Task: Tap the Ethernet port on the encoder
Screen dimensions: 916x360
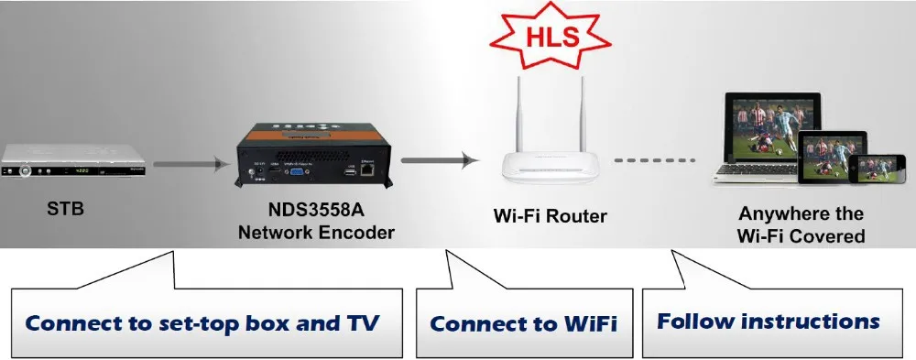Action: tap(367, 169)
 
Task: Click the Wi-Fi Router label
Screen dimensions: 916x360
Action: tap(551, 218)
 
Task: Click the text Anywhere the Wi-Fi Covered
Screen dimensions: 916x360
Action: tap(801, 224)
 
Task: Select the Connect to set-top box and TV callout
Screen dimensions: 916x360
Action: tap(202, 323)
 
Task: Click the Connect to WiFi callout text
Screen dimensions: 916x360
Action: tap(523, 323)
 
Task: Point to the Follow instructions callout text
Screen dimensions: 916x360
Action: tap(768, 322)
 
